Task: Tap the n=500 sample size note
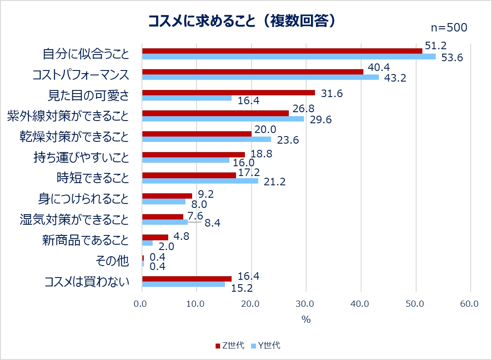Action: pyautogui.click(x=449, y=28)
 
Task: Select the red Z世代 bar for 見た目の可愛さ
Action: pyautogui.click(x=228, y=93)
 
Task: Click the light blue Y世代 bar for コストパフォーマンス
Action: pyautogui.click(x=260, y=77)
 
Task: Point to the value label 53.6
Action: pyautogui.click(x=453, y=57)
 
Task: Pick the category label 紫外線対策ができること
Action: pyautogui.click(x=68, y=116)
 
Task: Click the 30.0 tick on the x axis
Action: pyautogui.click(x=305, y=304)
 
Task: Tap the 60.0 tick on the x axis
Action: pyautogui.click(x=469, y=304)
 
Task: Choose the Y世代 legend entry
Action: pyautogui.click(x=266, y=346)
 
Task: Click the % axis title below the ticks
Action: pyautogui.click(x=306, y=319)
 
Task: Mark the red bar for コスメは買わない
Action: pyautogui.click(x=186, y=278)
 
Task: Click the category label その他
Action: pyautogui.click(x=112, y=261)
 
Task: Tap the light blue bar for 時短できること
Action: pyautogui.click(x=200, y=181)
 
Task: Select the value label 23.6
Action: pyautogui.click(x=288, y=141)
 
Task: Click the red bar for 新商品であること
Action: pyautogui.click(x=155, y=237)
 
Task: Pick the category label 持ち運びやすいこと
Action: pyautogui.click(x=81, y=157)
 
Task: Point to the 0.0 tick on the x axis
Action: pyautogui.click(x=141, y=304)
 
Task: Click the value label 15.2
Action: pyautogui.click(x=242, y=288)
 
